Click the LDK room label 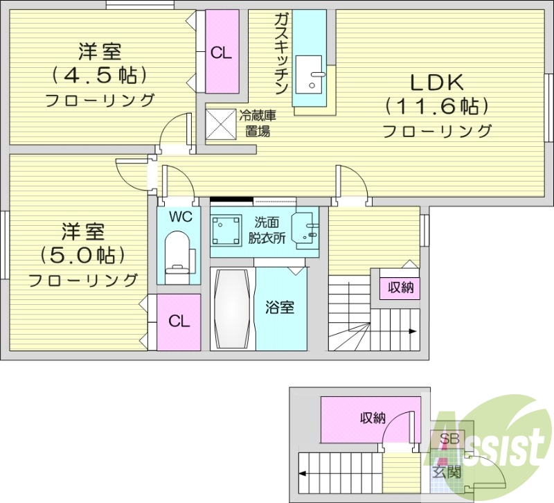click(437, 83)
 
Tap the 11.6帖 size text click(437, 107)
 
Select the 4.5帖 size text click(100, 74)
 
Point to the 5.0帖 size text click(82, 254)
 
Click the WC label click(179, 217)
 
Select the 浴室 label click(280, 307)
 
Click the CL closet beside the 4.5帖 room click(221, 52)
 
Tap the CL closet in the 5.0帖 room click(179, 321)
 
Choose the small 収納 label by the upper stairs click(400, 288)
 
